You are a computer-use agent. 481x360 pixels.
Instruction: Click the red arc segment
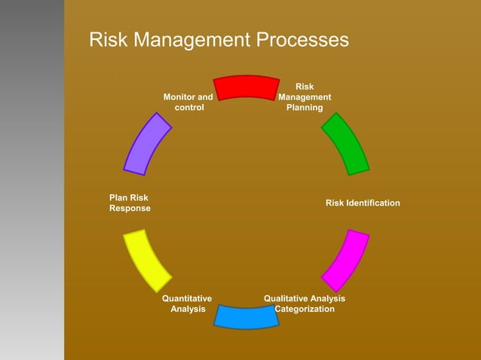247,87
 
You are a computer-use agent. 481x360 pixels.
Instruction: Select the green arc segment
346,143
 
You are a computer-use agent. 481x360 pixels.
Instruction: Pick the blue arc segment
247,316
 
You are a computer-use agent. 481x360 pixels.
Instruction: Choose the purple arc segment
147,143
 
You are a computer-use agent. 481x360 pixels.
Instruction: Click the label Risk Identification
363,203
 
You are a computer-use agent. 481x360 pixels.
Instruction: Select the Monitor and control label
188,102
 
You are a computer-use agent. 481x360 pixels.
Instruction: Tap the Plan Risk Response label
130,203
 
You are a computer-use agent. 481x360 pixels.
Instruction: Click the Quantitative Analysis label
188,304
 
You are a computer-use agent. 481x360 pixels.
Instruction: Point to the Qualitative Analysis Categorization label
305,304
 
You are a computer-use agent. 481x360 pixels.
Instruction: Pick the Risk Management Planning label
305,97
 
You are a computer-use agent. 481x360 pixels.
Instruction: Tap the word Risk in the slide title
108,39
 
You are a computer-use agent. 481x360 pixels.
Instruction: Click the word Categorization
305,309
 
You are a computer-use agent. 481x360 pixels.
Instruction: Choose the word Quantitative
187,298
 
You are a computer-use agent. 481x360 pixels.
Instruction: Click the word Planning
305,108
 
